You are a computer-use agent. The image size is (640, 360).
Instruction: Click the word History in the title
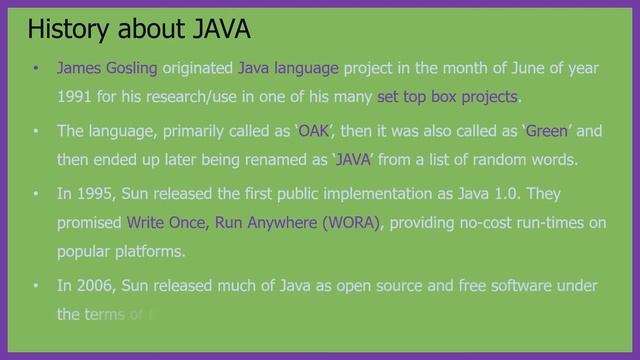pos(66,29)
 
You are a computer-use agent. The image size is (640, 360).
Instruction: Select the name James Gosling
pos(107,68)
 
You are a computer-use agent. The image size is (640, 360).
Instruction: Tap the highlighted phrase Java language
pos(289,68)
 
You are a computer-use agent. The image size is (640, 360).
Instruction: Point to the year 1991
pos(75,97)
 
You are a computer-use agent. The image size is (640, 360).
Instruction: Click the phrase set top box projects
pos(448,97)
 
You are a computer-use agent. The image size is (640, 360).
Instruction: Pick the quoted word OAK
pos(314,131)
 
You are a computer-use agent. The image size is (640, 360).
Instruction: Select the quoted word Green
pos(546,131)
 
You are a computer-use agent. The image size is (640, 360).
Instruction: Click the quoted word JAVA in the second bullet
pos(352,160)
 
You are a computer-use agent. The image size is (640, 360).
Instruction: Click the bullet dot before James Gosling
pos(36,69)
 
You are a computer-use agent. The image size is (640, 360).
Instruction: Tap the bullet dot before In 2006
pos(36,286)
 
